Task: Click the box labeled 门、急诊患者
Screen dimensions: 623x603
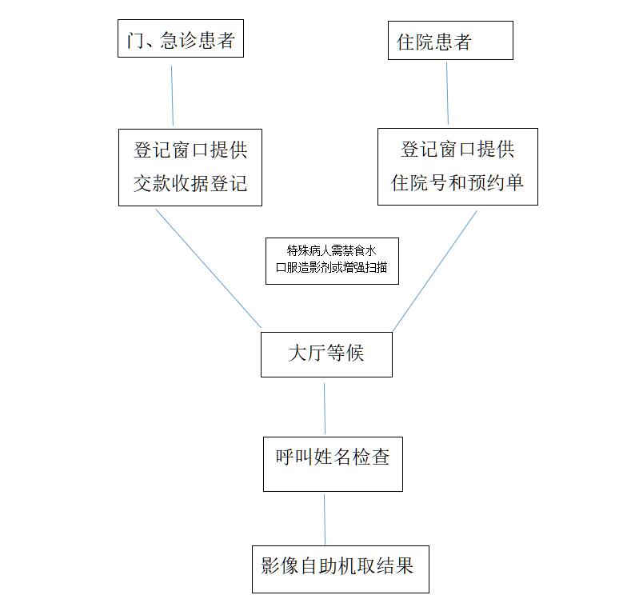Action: [181, 38]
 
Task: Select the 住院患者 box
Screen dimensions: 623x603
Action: [450, 41]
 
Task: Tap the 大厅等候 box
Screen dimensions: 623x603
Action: [326, 354]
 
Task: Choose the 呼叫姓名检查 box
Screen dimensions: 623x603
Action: [333, 464]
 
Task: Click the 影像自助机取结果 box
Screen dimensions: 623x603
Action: [341, 569]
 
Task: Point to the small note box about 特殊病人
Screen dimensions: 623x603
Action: [332, 261]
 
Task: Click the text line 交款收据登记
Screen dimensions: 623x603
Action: [190, 183]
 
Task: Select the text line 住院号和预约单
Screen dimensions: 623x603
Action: [457, 182]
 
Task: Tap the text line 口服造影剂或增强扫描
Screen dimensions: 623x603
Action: [331, 267]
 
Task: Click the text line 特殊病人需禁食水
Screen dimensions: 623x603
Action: [331, 250]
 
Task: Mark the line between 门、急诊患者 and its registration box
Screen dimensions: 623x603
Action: [173, 96]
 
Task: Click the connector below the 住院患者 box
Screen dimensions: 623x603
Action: [447, 93]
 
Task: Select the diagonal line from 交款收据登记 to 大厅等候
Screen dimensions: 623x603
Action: [208, 269]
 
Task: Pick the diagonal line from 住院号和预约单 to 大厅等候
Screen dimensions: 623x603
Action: [435, 271]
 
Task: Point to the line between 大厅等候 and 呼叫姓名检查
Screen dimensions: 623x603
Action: [325, 409]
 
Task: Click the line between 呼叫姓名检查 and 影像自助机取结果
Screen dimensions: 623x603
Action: [325, 520]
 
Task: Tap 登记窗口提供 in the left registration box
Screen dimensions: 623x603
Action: [190, 150]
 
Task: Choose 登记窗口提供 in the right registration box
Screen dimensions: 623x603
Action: [457, 149]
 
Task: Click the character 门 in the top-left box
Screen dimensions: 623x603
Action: [136, 40]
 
